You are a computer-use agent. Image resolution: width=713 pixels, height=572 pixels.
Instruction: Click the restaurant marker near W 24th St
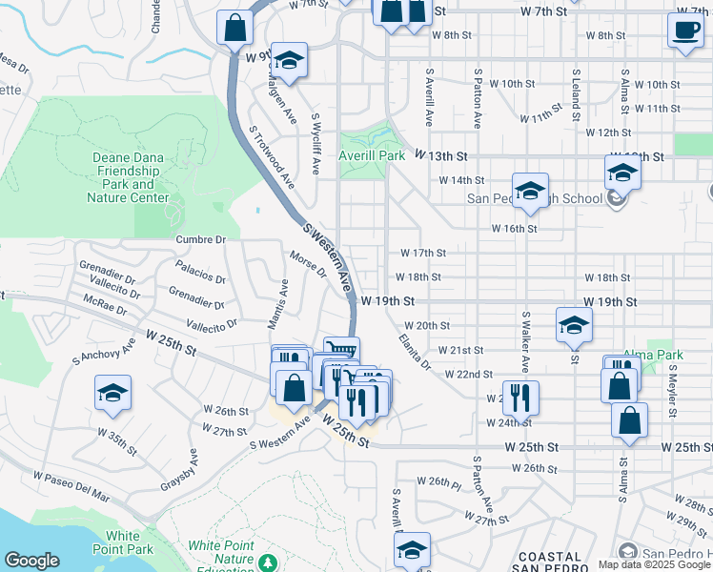coord(519,397)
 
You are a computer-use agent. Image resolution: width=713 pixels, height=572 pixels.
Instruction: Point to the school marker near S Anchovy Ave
coord(112,394)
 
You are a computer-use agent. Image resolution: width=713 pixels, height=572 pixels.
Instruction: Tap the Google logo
coord(31,561)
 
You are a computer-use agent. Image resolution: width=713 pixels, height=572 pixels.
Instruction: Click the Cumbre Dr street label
coord(200,239)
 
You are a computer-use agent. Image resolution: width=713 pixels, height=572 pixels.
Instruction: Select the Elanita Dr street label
coord(416,352)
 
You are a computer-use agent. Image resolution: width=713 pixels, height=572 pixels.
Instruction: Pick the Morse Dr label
coord(309,263)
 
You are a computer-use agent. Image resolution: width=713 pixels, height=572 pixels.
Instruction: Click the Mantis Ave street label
coord(283,305)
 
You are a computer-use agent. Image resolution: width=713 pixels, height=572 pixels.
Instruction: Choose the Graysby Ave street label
coord(178,470)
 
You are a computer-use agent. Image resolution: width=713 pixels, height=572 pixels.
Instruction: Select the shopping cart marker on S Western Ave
coord(340,351)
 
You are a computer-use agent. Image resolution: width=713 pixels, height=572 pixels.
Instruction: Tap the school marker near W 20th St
coord(574,324)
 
